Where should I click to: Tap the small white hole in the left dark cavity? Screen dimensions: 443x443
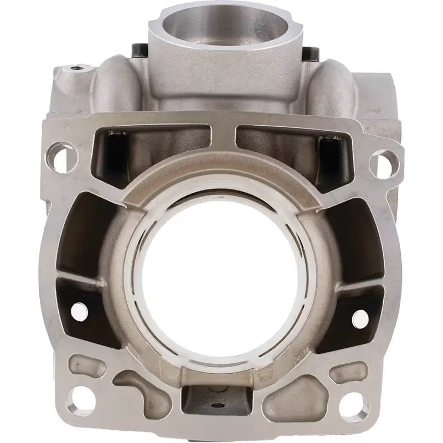pyautogui.click(x=84, y=305)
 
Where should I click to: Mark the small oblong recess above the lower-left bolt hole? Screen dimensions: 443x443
pyautogui.click(x=91, y=364)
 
